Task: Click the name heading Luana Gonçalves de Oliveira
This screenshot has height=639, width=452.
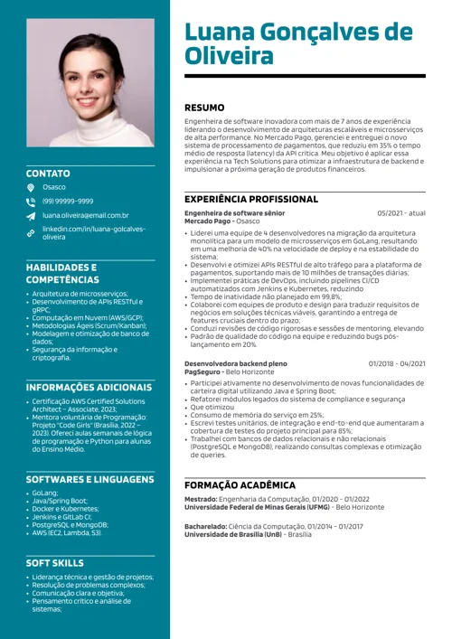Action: coord(297,45)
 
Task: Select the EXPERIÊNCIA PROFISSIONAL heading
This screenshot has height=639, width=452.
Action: coord(251,198)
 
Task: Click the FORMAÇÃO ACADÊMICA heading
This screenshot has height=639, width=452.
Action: coord(240,485)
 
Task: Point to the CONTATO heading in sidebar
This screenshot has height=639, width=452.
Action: coord(48,173)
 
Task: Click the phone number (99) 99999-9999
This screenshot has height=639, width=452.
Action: coord(68,201)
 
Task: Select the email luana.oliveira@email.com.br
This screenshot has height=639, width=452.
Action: coord(86,216)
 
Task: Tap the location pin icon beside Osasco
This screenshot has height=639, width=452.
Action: coord(30,187)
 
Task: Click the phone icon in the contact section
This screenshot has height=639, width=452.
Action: coord(30,202)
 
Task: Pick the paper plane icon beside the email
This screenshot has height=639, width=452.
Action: coord(30,217)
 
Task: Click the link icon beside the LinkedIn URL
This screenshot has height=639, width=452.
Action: coord(30,233)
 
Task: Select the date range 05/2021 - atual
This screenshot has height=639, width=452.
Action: coord(401,213)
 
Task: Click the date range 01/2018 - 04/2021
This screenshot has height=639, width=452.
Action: coord(397,363)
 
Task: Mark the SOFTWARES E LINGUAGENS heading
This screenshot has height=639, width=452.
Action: coord(90,478)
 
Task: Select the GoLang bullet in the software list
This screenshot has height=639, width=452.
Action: coord(45,493)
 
